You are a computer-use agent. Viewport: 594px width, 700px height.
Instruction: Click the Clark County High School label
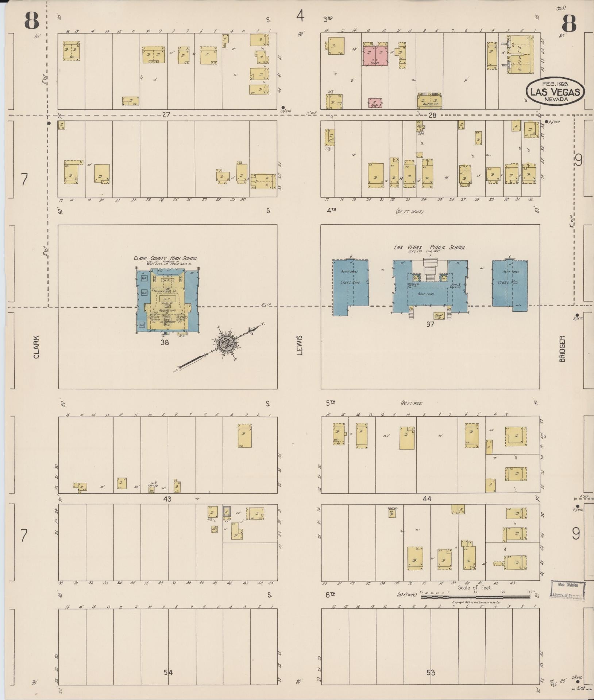[x=165, y=258]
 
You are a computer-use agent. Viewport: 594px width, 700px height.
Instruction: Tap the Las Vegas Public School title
[x=429, y=247]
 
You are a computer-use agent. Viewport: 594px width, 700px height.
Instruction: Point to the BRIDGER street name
[x=562, y=349]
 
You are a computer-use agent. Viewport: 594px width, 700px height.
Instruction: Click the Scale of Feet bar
[x=476, y=597]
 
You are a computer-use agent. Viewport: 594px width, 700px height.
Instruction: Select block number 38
[x=165, y=342]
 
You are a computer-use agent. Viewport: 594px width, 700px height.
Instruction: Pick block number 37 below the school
[x=430, y=324]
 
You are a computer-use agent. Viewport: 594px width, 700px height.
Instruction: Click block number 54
[x=168, y=672]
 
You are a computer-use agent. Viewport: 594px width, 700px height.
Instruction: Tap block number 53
[x=431, y=672]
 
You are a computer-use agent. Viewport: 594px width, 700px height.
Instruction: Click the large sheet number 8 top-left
[x=32, y=21]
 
